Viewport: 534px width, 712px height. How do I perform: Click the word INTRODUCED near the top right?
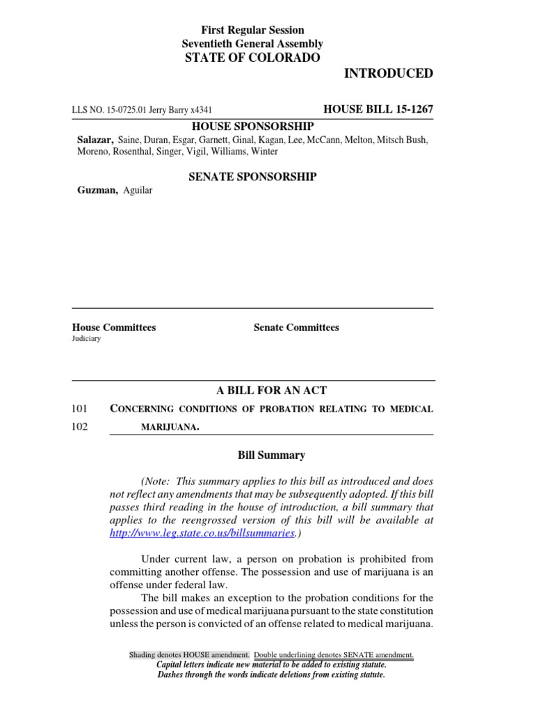[x=388, y=74]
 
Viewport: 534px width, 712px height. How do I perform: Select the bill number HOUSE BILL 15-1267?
[x=378, y=110]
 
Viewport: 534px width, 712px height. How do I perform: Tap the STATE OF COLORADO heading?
[x=252, y=58]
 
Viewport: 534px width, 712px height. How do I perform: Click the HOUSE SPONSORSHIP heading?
[x=252, y=126]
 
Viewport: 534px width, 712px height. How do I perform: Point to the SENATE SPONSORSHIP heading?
[x=252, y=177]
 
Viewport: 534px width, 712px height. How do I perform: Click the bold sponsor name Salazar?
[x=95, y=140]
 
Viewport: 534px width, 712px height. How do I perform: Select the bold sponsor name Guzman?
[x=96, y=191]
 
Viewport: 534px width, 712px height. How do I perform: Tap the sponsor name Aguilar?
[x=137, y=191]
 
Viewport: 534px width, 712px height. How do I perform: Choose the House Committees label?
[x=114, y=327]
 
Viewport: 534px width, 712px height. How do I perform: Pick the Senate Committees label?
[x=296, y=327]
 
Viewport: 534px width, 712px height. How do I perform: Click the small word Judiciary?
[x=86, y=339]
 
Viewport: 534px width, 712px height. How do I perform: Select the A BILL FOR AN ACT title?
[x=252, y=391]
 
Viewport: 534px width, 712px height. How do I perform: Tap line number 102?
[x=80, y=427]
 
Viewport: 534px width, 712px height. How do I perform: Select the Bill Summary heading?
[x=271, y=455]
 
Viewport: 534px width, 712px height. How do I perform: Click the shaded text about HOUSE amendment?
[x=189, y=655]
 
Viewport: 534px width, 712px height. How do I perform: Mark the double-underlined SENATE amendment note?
[x=334, y=655]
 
